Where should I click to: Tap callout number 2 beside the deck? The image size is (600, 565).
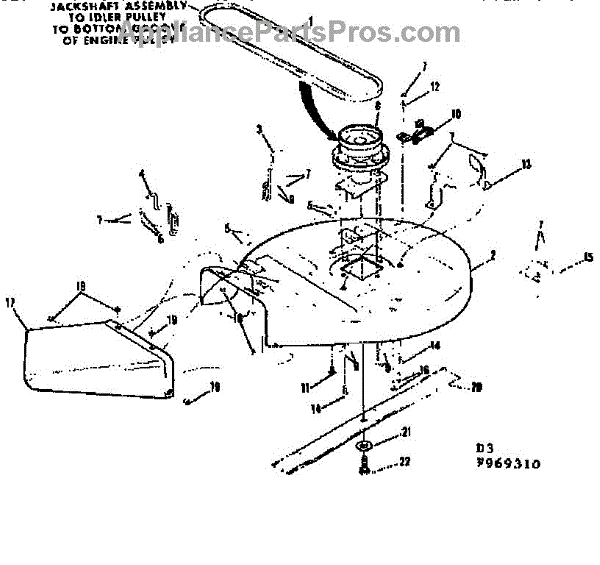492,257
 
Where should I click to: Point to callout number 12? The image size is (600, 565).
436,88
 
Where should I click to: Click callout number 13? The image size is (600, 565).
527,162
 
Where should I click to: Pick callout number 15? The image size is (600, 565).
588,256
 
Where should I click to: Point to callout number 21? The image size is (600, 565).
406,432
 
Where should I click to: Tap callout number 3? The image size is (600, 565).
259,128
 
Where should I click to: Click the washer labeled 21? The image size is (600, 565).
362,443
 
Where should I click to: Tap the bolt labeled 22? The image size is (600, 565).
364,463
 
